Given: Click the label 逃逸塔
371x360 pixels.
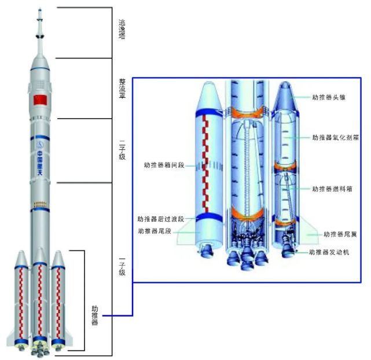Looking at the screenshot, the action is pos(122,30).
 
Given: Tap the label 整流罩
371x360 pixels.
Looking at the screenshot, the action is pos(122,89).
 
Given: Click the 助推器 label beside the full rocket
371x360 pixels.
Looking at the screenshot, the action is pos(95,315).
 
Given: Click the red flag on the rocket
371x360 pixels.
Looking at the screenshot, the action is pos(40,100).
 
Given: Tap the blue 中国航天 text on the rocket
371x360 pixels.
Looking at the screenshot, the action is pos(40,163).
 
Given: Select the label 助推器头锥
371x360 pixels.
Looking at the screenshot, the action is pos(329,97).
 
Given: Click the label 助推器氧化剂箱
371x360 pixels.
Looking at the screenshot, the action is pos(335,137).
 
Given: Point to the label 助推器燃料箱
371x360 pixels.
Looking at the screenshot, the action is pos(332,189).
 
